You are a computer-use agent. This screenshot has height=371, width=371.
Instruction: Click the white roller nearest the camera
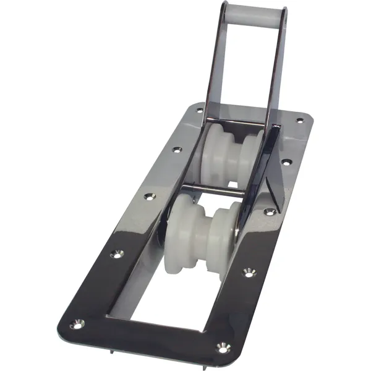pos(200,228)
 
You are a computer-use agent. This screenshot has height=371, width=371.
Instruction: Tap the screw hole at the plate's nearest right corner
pos(223,349)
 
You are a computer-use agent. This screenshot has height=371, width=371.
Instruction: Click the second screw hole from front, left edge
pos(115,254)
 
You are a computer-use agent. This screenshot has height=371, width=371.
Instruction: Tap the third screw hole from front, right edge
pos(269,211)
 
